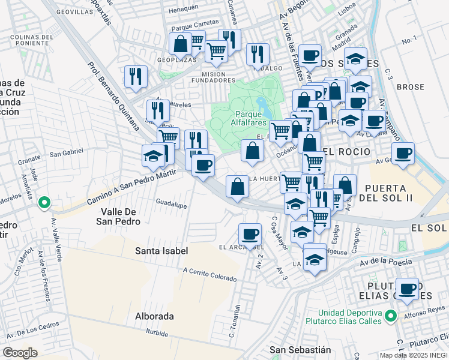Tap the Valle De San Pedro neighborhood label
click(x=120, y=217)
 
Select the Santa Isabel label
click(x=161, y=251)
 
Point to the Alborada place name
click(x=154, y=316)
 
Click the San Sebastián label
click(x=300, y=350)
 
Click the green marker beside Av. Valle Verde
click(x=43, y=203)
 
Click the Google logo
click(x=20, y=353)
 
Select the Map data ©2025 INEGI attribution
click(x=414, y=355)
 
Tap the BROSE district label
click(x=411, y=87)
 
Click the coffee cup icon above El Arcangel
click(x=250, y=233)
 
